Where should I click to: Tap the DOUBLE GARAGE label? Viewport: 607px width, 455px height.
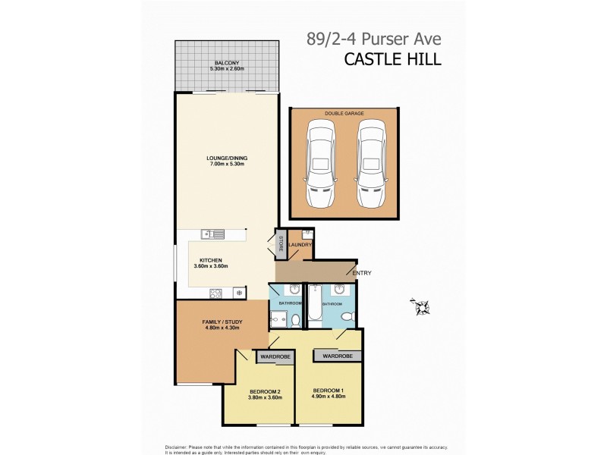[x=344, y=113]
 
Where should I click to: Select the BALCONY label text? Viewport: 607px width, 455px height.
[x=226, y=63]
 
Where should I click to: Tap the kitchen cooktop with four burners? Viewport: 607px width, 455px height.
[x=215, y=291]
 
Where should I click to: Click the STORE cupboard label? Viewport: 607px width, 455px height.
[x=281, y=244]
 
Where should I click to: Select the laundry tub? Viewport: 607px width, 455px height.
[x=307, y=234]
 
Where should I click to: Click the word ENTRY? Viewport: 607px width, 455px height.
[x=361, y=273]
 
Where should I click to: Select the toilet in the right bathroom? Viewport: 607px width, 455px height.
[x=347, y=317]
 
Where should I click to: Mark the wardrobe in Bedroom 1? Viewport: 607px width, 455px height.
[x=337, y=356]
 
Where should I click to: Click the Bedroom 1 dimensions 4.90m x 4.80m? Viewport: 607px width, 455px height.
[x=329, y=397]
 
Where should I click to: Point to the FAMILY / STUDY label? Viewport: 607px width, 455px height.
[x=222, y=322]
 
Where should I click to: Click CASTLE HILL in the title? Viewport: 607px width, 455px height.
[x=392, y=58]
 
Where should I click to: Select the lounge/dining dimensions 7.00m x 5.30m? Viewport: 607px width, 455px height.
[x=227, y=164]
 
